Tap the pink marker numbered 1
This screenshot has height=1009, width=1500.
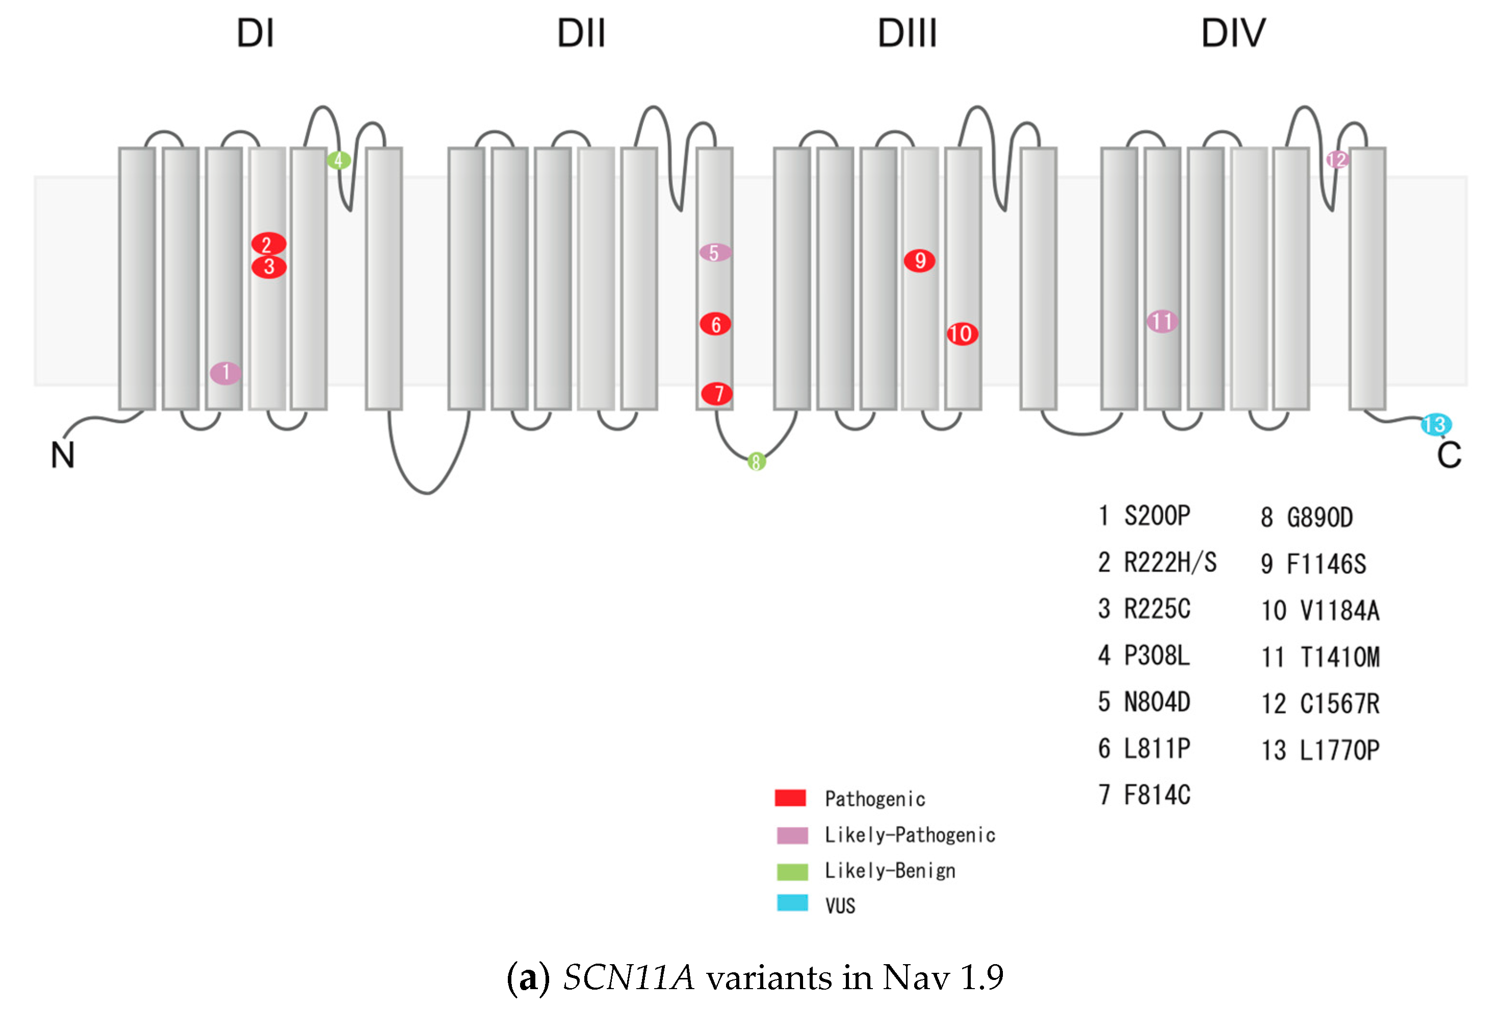tap(225, 373)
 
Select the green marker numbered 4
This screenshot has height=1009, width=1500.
tap(339, 160)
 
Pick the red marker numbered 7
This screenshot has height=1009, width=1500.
tap(716, 393)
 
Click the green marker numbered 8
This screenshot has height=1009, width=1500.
tap(757, 461)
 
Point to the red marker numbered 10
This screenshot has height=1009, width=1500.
tap(962, 333)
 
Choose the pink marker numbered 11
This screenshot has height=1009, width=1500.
tap(1162, 321)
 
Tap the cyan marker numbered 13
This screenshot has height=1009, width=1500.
tap(1436, 424)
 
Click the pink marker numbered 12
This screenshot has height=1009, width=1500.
tap(1337, 159)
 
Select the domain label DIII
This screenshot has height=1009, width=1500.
tap(907, 34)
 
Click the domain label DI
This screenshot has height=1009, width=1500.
tap(255, 34)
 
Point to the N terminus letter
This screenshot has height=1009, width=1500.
tap(62, 455)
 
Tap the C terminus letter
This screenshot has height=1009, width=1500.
tap(1449, 455)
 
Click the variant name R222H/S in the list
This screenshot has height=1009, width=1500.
tap(1170, 563)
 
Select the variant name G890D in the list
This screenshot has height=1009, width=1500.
tap(1320, 517)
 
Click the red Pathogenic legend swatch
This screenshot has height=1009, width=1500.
tap(791, 798)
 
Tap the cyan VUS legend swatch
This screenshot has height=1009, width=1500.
tap(792, 903)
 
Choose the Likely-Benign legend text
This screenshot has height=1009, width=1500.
tap(890, 871)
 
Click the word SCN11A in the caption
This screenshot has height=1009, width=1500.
tap(629, 977)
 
